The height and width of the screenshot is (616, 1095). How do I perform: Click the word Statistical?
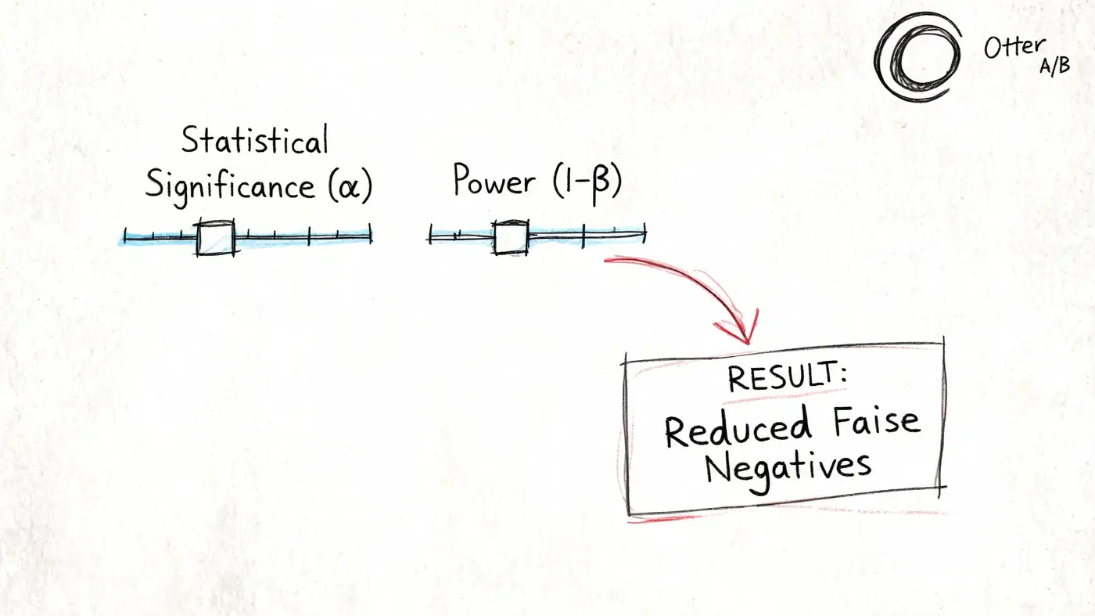point(255,139)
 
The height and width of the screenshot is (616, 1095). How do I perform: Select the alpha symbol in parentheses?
point(349,187)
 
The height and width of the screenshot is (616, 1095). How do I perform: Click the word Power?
point(494,181)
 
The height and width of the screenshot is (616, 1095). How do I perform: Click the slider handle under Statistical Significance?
point(216,238)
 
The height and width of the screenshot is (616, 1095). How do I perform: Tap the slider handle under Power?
point(511,238)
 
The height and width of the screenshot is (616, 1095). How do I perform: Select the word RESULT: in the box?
point(787,376)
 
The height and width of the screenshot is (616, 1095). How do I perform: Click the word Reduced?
point(738,427)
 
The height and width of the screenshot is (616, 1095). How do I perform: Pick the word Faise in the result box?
point(877,421)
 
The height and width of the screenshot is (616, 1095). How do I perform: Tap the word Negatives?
point(788,469)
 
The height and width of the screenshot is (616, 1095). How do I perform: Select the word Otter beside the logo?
point(1015,48)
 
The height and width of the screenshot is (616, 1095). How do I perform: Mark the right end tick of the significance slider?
point(371,233)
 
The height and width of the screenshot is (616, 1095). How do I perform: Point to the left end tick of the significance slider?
point(125,236)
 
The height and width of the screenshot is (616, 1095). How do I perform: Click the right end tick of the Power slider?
point(645,233)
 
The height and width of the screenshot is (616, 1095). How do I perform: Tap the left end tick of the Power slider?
point(431,234)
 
